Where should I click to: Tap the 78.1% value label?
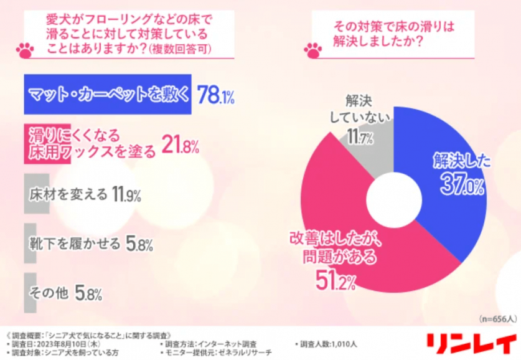click(215, 95)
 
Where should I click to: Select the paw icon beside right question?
click(312, 48)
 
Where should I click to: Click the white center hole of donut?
click(393, 199)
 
